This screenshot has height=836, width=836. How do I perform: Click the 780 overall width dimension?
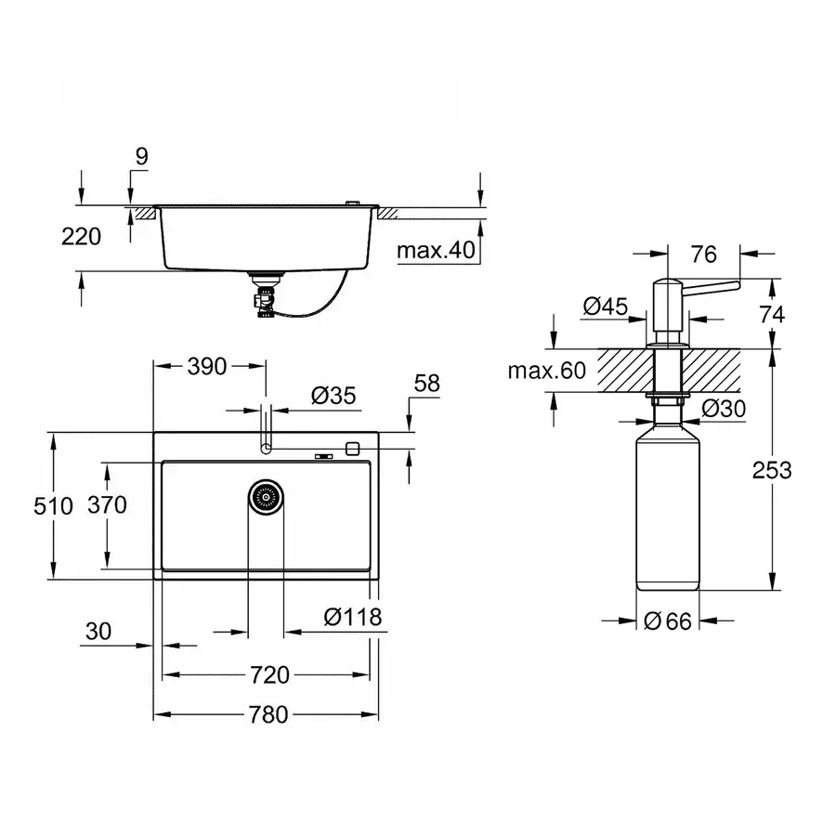pyautogui.click(x=268, y=714)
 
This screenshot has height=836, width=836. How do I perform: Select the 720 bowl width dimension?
pyautogui.click(x=268, y=674)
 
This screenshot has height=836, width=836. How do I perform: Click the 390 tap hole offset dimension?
pyautogui.click(x=206, y=366)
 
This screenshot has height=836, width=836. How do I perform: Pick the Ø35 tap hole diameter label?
pyautogui.click(x=333, y=397)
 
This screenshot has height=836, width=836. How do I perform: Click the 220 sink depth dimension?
pyautogui.click(x=83, y=237)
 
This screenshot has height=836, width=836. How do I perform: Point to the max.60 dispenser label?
pyautogui.click(x=547, y=372)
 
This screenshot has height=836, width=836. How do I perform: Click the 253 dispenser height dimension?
pyautogui.click(x=772, y=470)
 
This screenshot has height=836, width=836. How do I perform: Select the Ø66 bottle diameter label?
pyautogui.click(x=668, y=621)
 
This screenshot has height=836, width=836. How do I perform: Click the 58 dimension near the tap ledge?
pyautogui.click(x=426, y=383)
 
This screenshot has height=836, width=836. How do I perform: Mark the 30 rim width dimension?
pyautogui.click(x=98, y=632)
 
